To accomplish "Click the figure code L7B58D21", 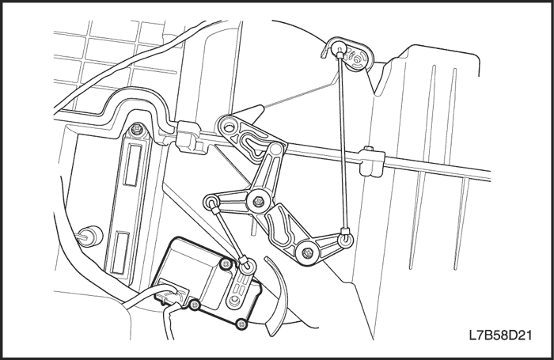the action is (500, 335).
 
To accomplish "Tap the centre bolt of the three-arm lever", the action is (259, 202).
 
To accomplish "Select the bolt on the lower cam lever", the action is (307, 252).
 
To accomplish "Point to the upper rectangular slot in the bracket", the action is (132, 165).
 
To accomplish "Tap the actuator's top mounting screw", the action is (226, 263).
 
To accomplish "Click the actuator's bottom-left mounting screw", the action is (194, 305).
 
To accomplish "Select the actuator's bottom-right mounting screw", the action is (241, 324).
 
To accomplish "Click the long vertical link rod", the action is (343, 142).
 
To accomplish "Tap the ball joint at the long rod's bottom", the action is (346, 239).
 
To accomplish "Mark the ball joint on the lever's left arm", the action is (211, 202).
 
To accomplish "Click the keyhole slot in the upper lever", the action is (255, 145).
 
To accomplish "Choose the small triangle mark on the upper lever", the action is (234, 138).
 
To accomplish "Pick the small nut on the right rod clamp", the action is (369, 149).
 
